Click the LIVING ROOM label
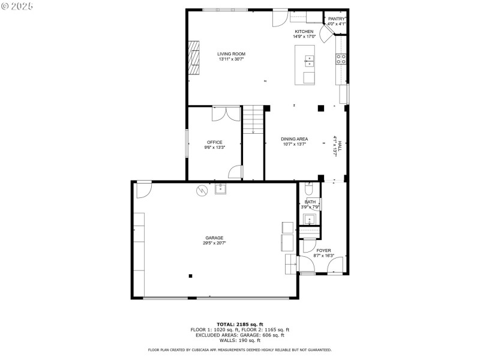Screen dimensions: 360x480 point(231,54)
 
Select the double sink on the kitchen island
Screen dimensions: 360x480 point(309,60)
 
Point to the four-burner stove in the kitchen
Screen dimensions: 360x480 point(340,59)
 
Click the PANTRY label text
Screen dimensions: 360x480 point(337,19)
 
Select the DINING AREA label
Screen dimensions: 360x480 point(294,139)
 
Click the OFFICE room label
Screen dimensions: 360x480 point(215,142)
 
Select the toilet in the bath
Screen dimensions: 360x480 point(310,189)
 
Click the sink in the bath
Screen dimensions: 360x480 point(310,218)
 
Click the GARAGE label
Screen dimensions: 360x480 point(214,238)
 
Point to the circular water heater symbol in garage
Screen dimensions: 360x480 point(203,190)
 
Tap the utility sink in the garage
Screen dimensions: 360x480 point(220,188)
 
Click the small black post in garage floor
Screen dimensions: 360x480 point(190,276)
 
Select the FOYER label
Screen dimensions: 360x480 point(324,251)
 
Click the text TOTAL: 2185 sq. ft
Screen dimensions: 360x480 point(240,324)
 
